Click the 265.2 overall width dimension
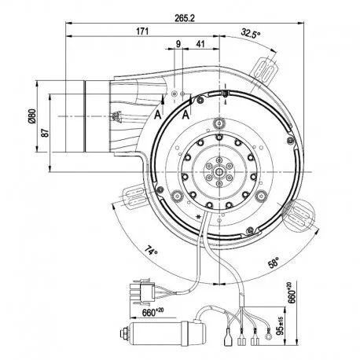coord(185,18)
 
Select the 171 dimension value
coord(142,31)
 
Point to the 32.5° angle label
coord(251,34)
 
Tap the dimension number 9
coord(178,44)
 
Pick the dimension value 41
coord(200,44)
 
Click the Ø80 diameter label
coord(32,116)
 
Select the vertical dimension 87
coord(46,133)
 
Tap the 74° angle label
coord(152,251)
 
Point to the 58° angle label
coord(273,263)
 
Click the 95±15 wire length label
coord(281,325)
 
